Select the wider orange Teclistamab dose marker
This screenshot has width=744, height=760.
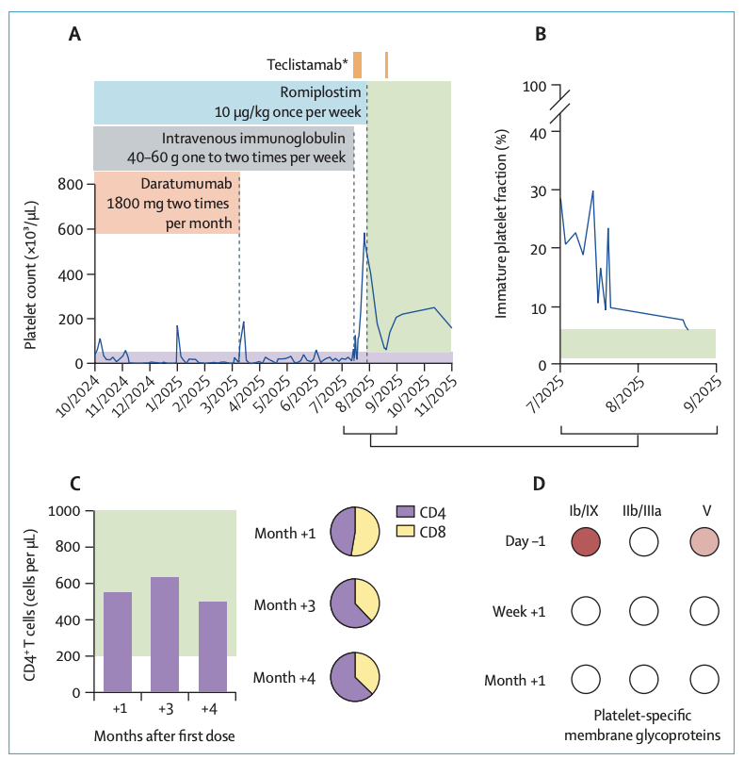(x=357, y=64)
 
